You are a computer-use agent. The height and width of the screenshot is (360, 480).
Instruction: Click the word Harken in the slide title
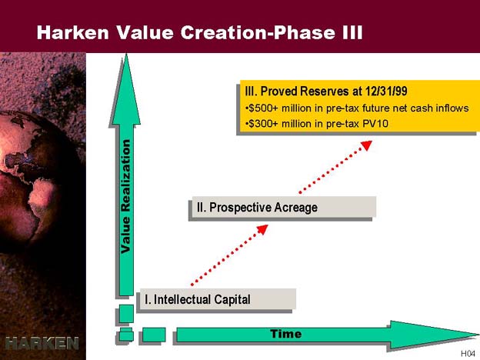coord(73,32)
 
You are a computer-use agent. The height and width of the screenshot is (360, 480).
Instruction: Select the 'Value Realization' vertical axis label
coord(126,196)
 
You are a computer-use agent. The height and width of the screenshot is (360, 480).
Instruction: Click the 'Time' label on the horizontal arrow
coord(286,334)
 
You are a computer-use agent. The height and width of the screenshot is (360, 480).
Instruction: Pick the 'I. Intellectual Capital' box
coord(218,298)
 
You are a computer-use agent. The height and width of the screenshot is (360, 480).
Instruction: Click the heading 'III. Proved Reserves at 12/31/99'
coord(326,92)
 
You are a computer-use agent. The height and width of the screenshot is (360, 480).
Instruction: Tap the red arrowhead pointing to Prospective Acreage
coord(262,229)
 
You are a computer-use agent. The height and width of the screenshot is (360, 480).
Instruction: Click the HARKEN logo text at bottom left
coord(42,343)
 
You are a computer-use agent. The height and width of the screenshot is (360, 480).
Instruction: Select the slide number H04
coord(468,354)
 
